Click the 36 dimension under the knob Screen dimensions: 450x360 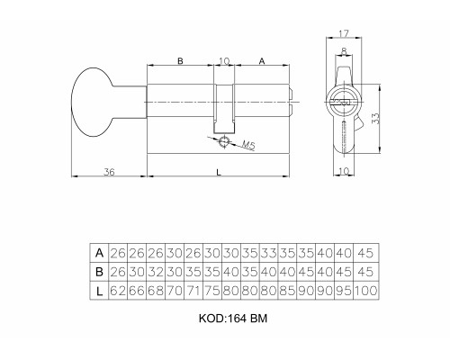[x=109, y=172]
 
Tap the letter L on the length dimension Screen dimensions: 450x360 [x=219, y=172]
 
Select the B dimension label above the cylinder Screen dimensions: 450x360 [x=180, y=61]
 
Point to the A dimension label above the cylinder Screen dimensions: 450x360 [x=262, y=61]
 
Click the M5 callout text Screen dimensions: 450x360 [x=248, y=145]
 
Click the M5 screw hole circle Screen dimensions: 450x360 [x=224, y=141]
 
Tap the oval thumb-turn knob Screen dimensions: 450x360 [x=92, y=102]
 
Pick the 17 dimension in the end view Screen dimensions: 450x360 [x=344, y=33]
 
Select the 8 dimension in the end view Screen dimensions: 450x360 [x=344, y=51]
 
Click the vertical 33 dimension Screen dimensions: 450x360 [x=375, y=118]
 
